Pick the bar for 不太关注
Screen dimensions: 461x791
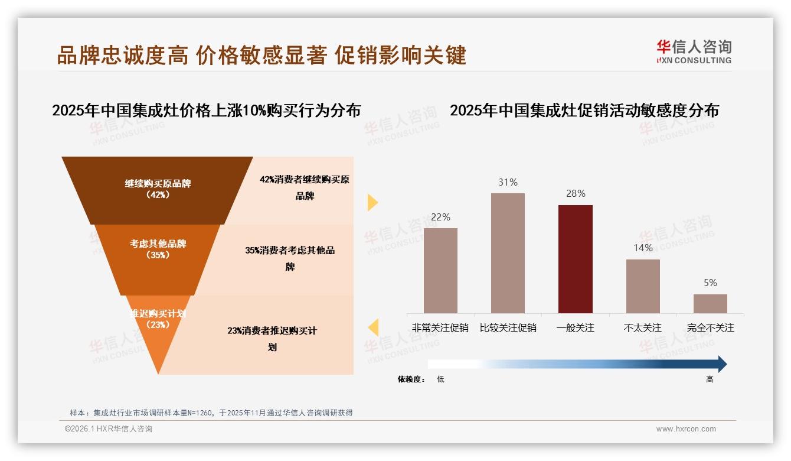[643, 286]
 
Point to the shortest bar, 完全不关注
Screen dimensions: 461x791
[710, 304]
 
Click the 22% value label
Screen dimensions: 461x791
[440, 217]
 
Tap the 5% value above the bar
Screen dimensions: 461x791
[710, 283]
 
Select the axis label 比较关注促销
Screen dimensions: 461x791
[508, 327]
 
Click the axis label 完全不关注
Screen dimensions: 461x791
[710, 327]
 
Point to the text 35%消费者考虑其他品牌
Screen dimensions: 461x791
[290, 258]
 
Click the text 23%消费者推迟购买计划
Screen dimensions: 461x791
[272, 339]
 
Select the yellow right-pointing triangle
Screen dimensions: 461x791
[372, 203]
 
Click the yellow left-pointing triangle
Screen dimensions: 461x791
[373, 327]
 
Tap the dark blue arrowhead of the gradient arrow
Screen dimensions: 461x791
[721, 364]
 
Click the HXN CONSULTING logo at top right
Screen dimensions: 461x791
[694, 52]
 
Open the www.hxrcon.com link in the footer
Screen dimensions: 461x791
[686, 429]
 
